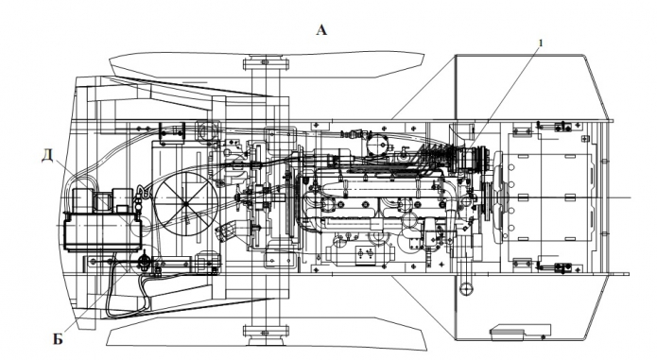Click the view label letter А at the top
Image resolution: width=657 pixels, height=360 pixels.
point(321,30)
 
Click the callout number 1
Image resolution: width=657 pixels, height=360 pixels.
point(541,43)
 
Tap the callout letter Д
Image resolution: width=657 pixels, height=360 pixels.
point(47,157)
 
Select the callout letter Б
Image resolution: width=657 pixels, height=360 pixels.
point(58,339)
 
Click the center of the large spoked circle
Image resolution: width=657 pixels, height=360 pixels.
point(186,203)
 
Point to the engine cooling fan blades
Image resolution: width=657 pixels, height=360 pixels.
point(498,197)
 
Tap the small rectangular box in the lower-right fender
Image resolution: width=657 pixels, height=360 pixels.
point(521,330)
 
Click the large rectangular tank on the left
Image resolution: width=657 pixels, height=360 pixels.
point(103,231)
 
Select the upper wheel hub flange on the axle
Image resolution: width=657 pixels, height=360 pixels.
point(266,64)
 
